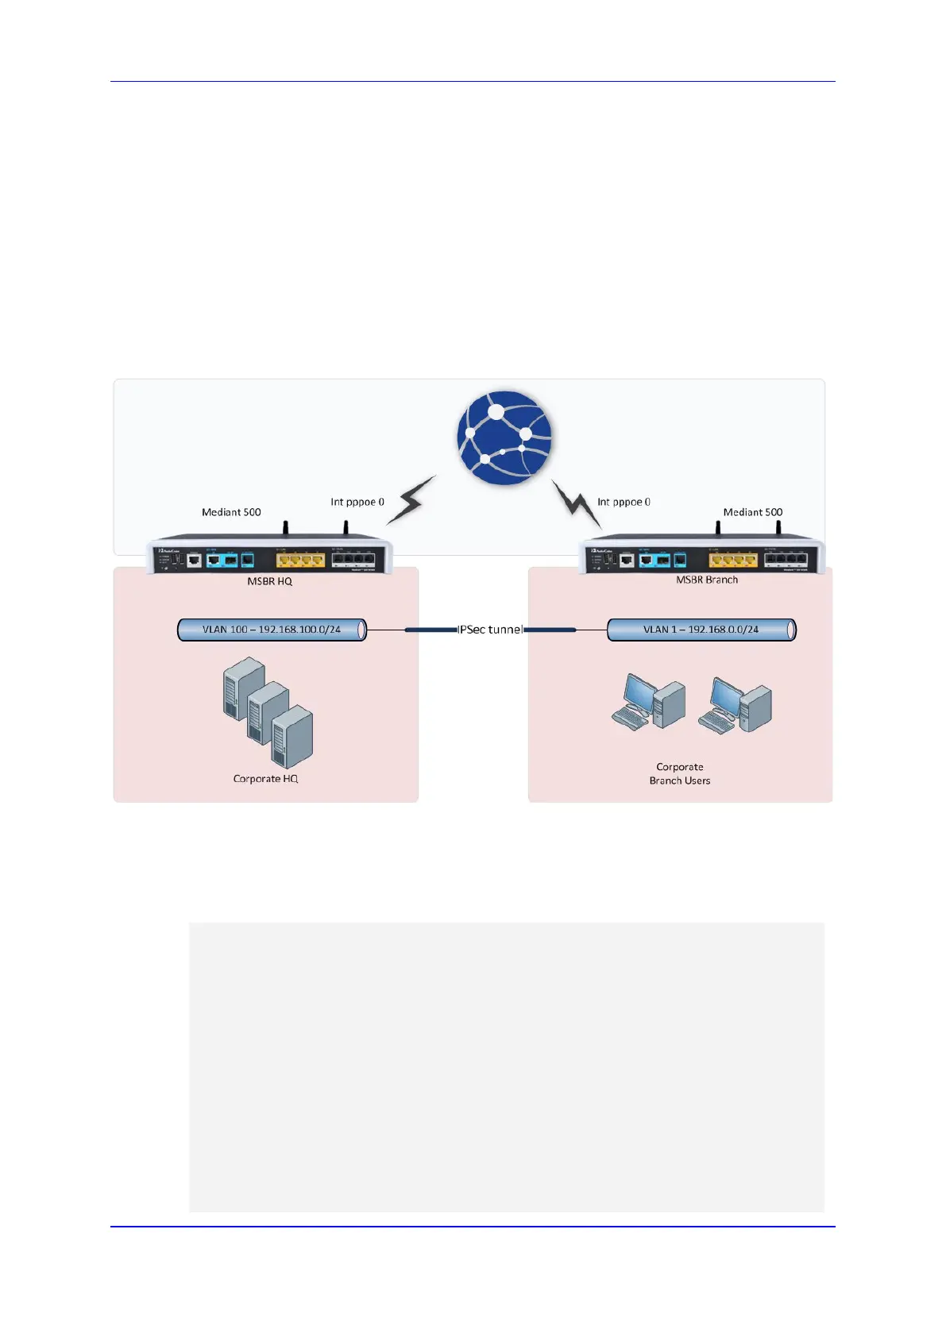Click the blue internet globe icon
[504, 437]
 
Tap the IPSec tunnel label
[490, 630]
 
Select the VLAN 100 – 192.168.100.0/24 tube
[272, 630]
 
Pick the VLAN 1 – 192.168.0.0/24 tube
[701, 630]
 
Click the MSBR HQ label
[269, 581]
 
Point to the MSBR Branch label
[707, 580]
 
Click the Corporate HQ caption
[265, 779]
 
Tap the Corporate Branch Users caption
[680, 773]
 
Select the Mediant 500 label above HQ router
[231, 512]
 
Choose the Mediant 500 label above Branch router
[752, 512]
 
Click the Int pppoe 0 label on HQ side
[357, 502]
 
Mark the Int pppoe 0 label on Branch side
[624, 502]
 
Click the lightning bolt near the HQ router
[411, 500]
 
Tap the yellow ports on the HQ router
[300, 560]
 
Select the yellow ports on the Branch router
[732, 560]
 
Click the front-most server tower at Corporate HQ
[292, 736]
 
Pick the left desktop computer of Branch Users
[648, 702]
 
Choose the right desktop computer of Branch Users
[735, 704]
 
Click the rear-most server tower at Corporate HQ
[244, 688]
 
